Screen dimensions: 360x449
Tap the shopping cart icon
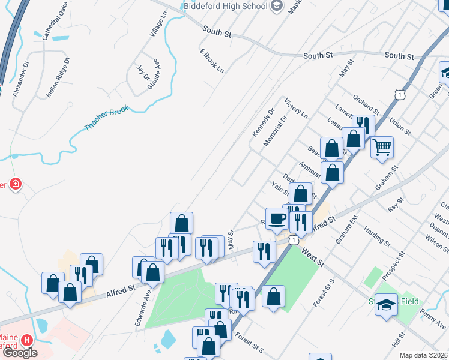tap(382, 146)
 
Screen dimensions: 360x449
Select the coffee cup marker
tap(276, 218)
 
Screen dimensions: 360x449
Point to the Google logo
tap(20, 353)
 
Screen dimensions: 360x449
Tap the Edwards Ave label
tap(142, 310)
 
